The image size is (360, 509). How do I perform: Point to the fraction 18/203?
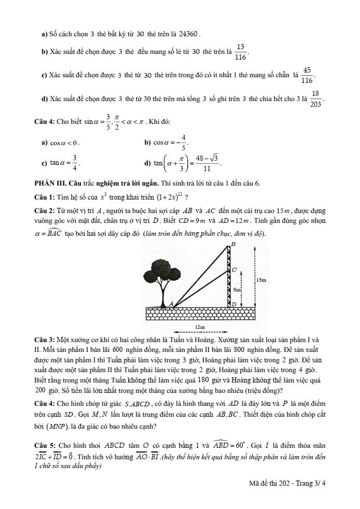click(x=315, y=98)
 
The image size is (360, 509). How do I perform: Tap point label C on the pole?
click(x=234, y=270)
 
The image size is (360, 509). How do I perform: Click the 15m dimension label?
click(x=261, y=280)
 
